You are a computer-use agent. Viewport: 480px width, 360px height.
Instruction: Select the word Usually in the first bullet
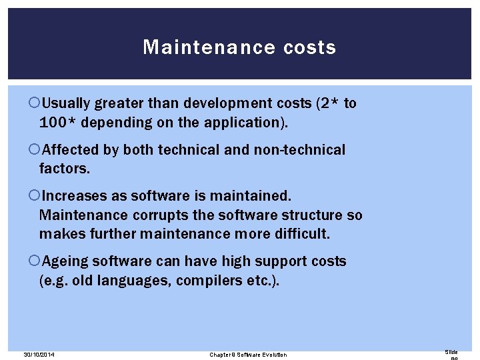[x=65, y=103]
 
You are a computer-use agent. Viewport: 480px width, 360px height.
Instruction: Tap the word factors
[x=64, y=169]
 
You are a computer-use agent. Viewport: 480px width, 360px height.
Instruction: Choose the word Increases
[x=72, y=197]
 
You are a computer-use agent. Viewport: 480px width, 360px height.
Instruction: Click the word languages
[x=136, y=281]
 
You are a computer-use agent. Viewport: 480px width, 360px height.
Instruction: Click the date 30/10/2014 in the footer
[x=38, y=355]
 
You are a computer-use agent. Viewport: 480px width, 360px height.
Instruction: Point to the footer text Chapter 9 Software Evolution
[x=248, y=355]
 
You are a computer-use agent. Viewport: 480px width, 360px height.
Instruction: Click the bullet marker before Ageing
[x=35, y=261]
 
